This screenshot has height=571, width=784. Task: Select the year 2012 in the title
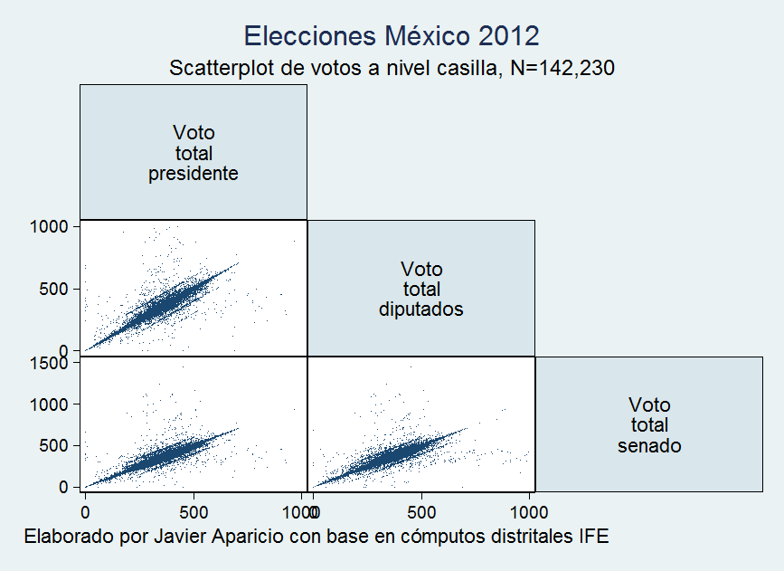(507, 36)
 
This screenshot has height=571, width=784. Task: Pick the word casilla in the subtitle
(464, 68)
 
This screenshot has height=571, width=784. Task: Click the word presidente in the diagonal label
(194, 174)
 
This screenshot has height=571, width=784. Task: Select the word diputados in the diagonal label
(421, 309)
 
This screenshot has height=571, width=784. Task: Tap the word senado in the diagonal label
(649, 446)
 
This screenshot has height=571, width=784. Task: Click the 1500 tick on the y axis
(51, 363)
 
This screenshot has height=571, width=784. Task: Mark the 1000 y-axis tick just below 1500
(51, 404)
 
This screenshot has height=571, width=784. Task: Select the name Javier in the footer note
(189, 536)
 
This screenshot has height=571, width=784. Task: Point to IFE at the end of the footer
(593, 536)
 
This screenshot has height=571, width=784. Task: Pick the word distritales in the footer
(530, 536)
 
